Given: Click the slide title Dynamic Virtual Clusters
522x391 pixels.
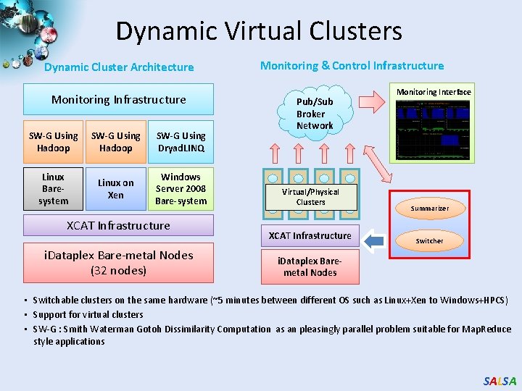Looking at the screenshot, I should pyautogui.click(x=258, y=31).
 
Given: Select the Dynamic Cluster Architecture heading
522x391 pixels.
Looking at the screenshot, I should pyautogui.click(x=119, y=67).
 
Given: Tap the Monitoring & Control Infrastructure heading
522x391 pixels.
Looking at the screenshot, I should pyautogui.click(x=352, y=66).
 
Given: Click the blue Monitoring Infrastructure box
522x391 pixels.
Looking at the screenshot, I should pyautogui.click(x=118, y=99).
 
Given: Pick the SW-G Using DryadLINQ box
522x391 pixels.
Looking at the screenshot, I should pyautogui.click(x=181, y=142).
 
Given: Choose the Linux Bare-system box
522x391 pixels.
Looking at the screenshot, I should pyautogui.click(x=53, y=189).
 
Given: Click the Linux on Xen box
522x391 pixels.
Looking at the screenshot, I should pyautogui.click(x=116, y=189).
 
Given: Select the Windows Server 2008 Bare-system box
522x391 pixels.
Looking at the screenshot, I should pyautogui.click(x=181, y=189).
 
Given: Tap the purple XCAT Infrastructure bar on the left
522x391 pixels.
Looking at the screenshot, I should pyautogui.click(x=118, y=225).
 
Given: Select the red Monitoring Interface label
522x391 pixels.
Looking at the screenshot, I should pyautogui.click(x=434, y=92).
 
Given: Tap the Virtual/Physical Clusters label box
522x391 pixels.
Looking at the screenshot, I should pyautogui.click(x=310, y=197).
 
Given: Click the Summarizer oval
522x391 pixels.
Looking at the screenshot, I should pyautogui.click(x=429, y=209).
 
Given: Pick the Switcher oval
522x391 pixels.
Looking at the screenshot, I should pyautogui.click(x=429, y=240).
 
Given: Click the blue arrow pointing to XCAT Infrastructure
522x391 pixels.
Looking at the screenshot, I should pyautogui.click(x=374, y=240).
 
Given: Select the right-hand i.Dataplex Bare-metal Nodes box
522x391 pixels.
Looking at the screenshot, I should pyautogui.click(x=310, y=266).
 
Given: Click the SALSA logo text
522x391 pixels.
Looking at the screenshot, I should pyautogui.click(x=500, y=381).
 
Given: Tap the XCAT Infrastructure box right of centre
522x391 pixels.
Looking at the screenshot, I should pyautogui.click(x=310, y=235).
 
